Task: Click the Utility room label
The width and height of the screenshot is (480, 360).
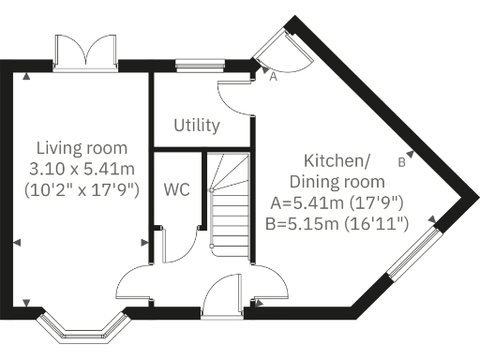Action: [197, 125]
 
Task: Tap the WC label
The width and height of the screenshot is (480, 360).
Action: [176, 188]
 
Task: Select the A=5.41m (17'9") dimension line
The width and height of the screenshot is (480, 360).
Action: [337, 202]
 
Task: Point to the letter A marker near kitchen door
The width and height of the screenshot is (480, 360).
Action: [273, 79]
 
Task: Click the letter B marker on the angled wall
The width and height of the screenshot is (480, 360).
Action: [401, 161]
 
